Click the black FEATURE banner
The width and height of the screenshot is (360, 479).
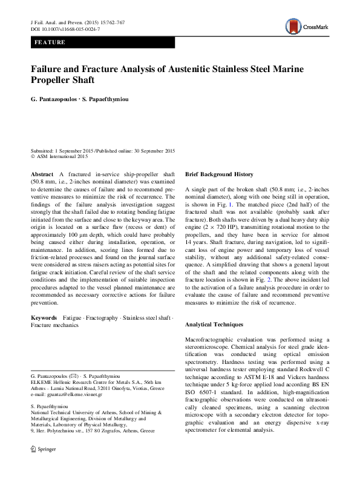(x=103, y=43)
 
